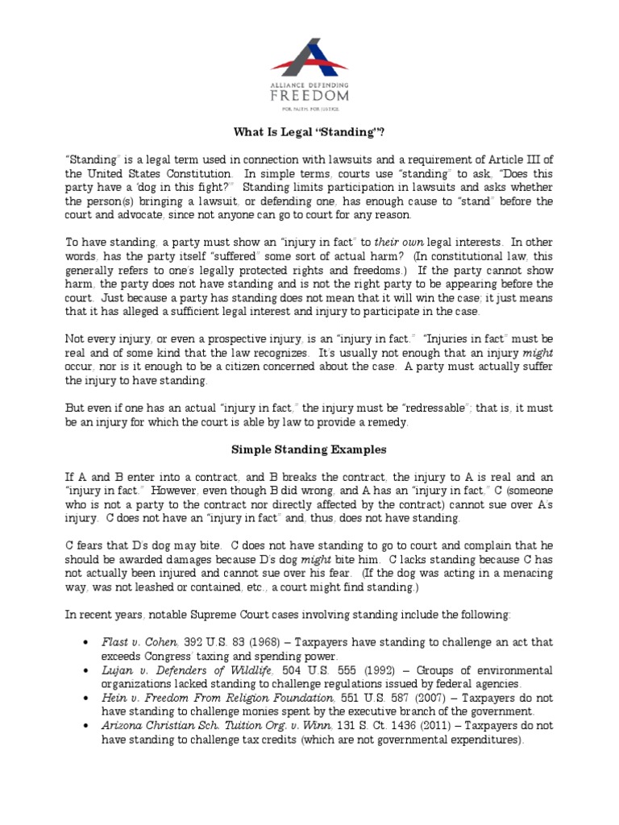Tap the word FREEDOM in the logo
click(x=309, y=96)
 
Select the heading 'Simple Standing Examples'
click(x=309, y=449)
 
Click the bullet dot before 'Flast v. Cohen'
click(x=86, y=643)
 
